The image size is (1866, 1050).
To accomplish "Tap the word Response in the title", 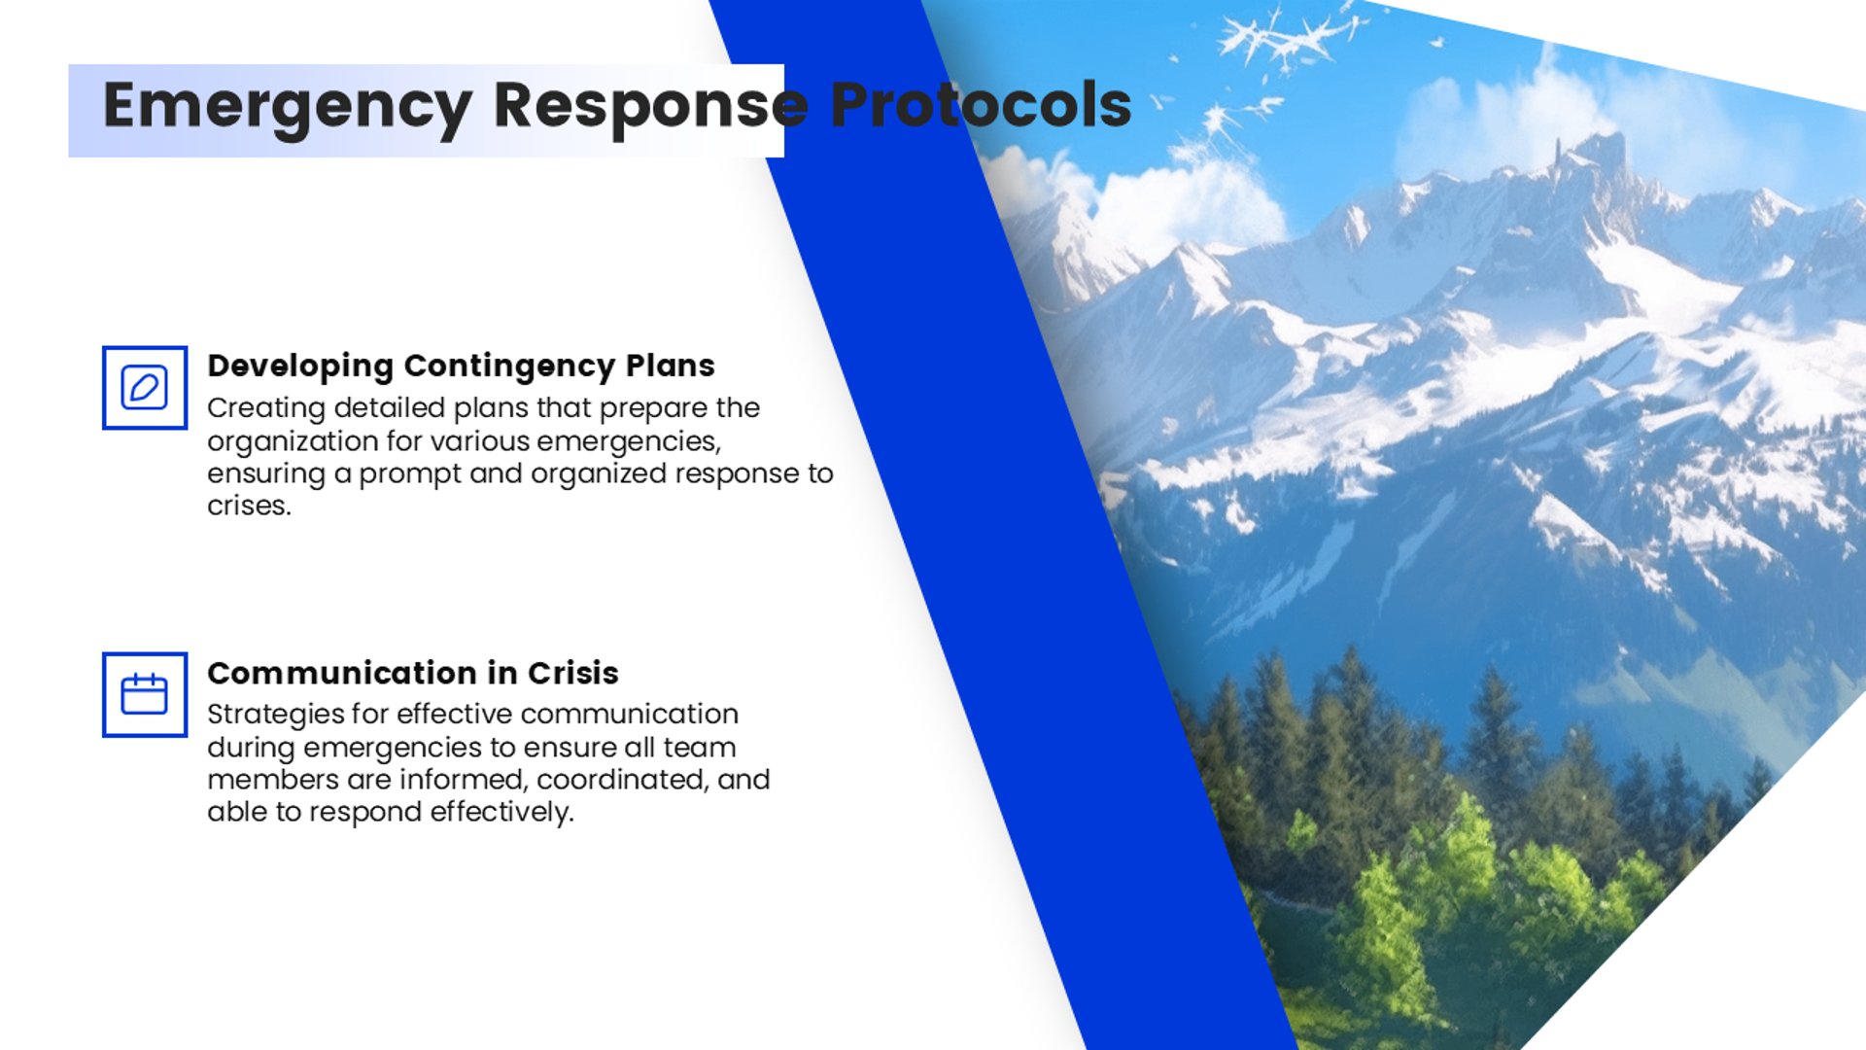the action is (651, 106).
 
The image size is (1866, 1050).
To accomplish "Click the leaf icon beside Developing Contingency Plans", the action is (145, 387).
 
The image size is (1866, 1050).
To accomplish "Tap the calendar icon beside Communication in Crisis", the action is (145, 694).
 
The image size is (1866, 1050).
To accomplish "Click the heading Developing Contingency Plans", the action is (461, 367).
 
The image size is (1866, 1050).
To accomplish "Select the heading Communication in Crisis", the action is (413, 673).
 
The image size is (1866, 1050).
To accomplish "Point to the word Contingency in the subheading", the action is (509, 367).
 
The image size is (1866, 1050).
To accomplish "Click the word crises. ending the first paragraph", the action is (249, 506).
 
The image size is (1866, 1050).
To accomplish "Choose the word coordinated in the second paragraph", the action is (622, 780).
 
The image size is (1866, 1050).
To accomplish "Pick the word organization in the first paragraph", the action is (293, 442).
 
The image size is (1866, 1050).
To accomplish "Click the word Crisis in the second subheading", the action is (572, 673).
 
